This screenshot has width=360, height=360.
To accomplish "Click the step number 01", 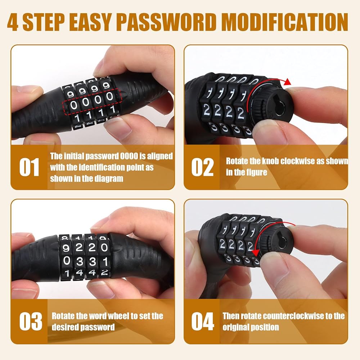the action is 29,167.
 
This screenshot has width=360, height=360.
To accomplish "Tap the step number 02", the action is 202,167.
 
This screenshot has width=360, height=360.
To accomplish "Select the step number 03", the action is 31,321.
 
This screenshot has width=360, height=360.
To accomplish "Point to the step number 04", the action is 203,321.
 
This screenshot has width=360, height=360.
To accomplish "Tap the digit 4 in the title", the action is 13,22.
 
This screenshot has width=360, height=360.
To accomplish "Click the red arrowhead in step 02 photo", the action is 287,82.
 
